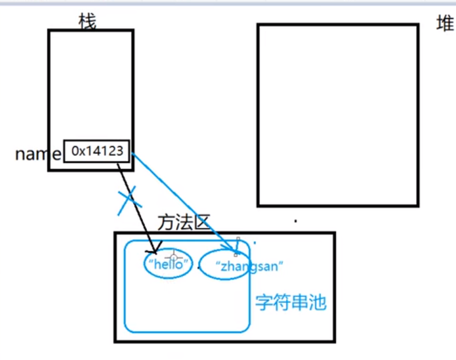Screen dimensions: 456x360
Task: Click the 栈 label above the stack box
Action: click(x=87, y=21)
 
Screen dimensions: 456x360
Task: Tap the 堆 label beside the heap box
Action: click(x=445, y=25)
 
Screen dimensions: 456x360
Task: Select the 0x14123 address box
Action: click(x=98, y=152)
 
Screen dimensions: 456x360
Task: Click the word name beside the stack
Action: click(x=38, y=154)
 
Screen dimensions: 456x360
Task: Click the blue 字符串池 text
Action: click(x=290, y=301)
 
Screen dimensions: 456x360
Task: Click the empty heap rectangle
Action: click(x=337, y=115)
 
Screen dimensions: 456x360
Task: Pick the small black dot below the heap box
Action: click(x=295, y=222)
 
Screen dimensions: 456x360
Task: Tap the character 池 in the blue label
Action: click(x=317, y=301)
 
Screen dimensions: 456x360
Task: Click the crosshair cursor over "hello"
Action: click(x=173, y=257)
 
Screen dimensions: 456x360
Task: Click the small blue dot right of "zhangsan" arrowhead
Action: click(x=255, y=243)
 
